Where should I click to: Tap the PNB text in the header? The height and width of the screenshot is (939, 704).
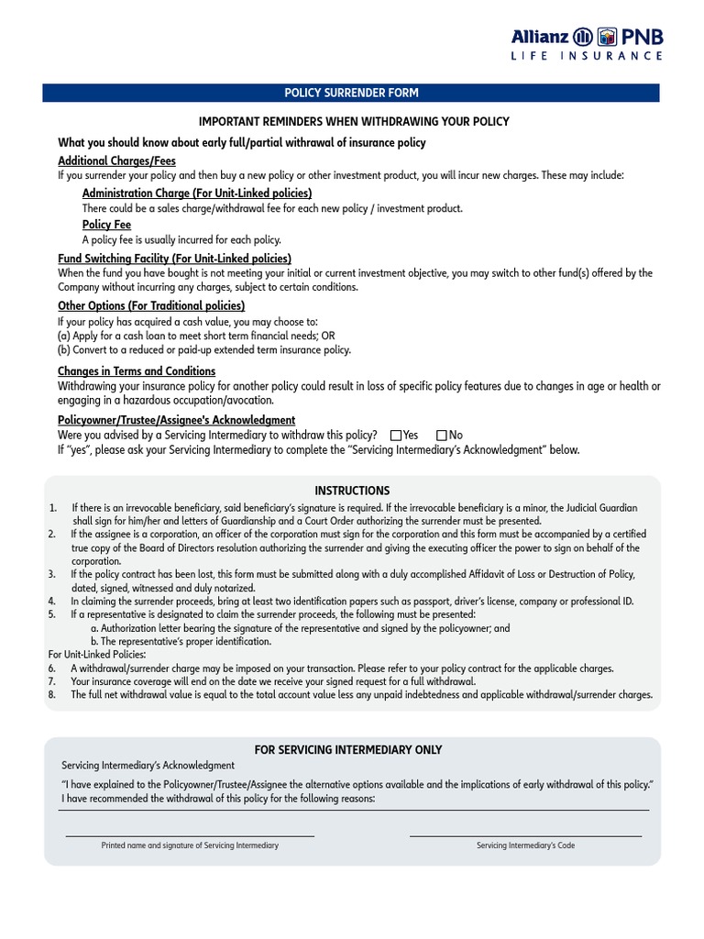coord(643,38)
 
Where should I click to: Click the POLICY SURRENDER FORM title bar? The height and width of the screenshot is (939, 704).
coord(351,93)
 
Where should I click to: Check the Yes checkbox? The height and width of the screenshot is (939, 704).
coord(396,436)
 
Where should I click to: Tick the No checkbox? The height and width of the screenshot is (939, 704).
coord(442,436)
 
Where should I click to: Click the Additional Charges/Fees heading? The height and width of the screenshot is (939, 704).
coord(116,160)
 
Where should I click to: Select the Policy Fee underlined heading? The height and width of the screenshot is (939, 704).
coord(106,225)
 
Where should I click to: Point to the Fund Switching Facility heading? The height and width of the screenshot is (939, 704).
coord(174,259)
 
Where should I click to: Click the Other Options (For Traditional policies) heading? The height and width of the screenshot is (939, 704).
coord(151,305)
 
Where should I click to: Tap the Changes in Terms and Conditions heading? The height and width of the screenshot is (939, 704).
coord(137,371)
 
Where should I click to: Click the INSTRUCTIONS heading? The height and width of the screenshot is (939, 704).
coord(352,492)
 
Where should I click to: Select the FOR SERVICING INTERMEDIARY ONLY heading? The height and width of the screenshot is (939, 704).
coord(348,750)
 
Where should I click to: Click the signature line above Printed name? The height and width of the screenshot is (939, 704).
coord(190,835)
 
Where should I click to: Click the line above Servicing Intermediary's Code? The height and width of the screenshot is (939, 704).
coord(525,835)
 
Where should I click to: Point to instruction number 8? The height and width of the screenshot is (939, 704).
coord(53,695)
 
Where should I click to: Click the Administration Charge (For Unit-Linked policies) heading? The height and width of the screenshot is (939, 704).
coord(197,193)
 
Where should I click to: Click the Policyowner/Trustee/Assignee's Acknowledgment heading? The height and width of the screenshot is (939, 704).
coord(176,420)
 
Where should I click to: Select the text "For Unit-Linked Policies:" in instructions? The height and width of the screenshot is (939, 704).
coord(96,655)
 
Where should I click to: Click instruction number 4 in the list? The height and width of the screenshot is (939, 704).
coord(53,602)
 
